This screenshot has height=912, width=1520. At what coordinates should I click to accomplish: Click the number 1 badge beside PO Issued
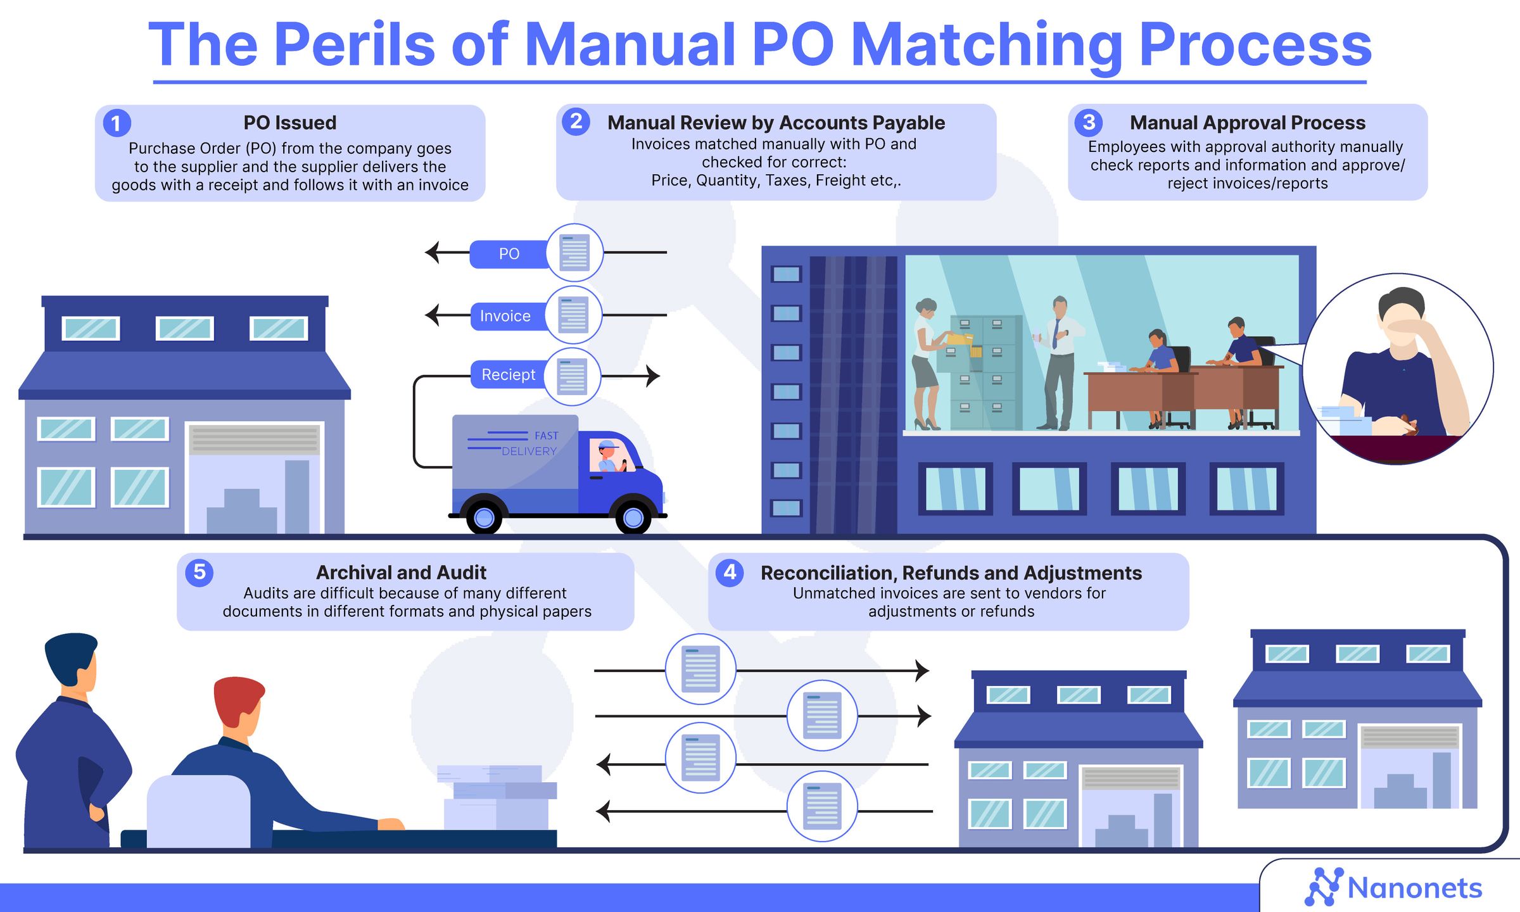117,123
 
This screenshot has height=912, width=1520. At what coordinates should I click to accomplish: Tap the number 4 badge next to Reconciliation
730,573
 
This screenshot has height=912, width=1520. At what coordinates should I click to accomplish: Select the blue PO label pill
509,254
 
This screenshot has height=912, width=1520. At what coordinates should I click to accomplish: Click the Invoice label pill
505,316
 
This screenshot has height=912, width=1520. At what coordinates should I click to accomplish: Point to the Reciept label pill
509,375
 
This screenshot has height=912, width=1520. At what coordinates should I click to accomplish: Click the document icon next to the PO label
574,253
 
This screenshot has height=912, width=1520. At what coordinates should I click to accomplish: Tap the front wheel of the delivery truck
633,517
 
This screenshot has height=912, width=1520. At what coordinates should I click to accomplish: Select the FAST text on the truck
546,436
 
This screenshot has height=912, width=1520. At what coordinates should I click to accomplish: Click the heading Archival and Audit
401,573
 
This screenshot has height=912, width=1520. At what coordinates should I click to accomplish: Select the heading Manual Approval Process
1247,123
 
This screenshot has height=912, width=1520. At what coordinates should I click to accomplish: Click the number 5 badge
199,573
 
